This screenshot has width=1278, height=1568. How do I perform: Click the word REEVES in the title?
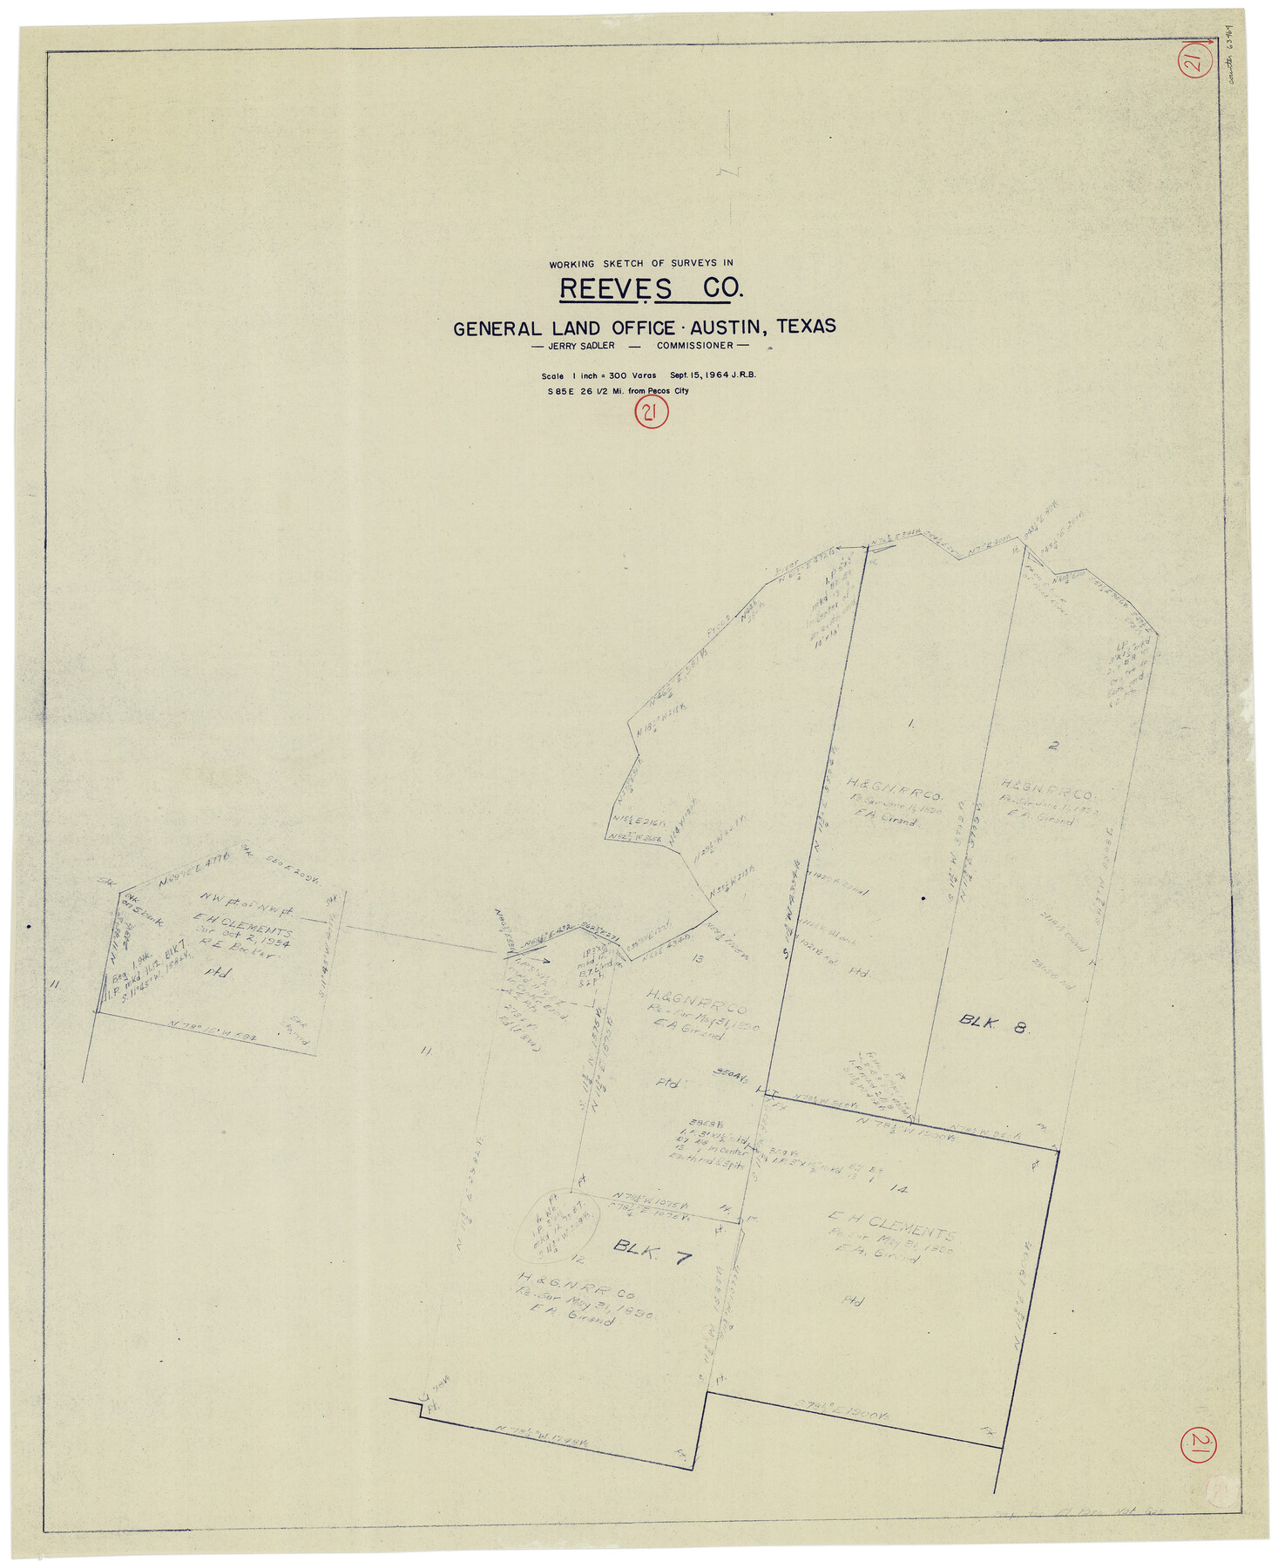coord(615,288)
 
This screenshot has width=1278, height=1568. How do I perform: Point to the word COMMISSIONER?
coord(695,346)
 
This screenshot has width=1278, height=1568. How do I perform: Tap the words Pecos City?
coord(668,391)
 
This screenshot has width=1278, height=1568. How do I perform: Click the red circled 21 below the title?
coord(651,413)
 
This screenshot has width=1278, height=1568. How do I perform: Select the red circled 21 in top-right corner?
coord(1193,63)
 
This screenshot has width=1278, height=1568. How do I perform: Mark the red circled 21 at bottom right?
coord(1198,1447)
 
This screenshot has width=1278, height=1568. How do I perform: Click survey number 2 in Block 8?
coord(1054,746)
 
